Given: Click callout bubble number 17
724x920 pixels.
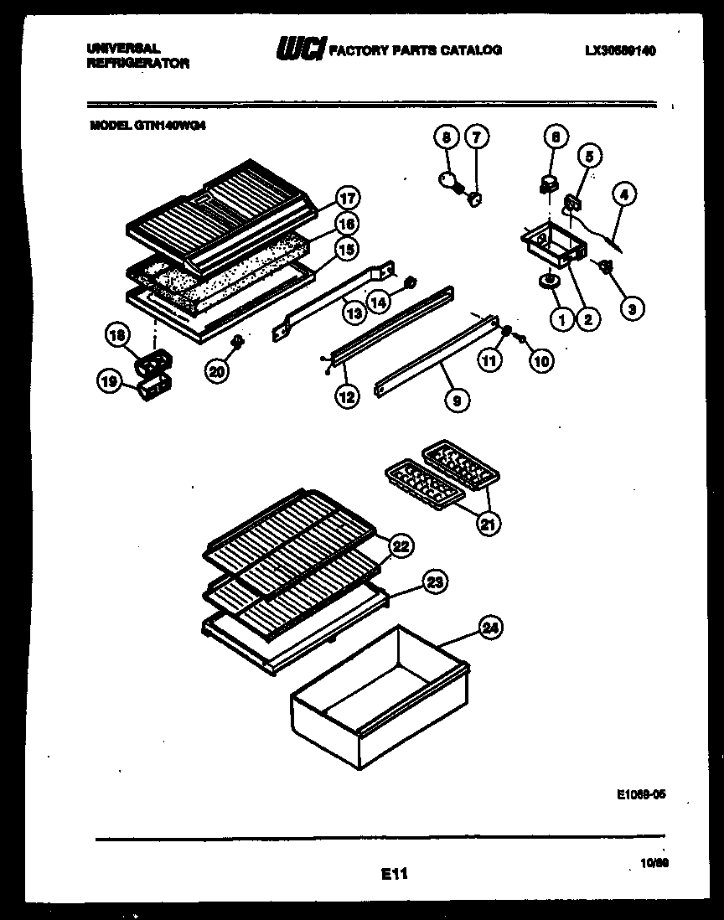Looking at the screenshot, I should coord(347,199).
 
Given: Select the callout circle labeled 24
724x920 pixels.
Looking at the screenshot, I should coord(492,626).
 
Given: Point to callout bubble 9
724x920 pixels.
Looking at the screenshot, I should coord(456,401).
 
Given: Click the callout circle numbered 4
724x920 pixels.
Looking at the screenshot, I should coord(623,194).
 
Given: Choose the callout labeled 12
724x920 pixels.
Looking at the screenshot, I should coord(346,397).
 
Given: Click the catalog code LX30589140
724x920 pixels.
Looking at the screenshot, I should coord(620,51).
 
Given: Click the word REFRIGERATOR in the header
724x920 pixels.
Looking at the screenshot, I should coord(138,64).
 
